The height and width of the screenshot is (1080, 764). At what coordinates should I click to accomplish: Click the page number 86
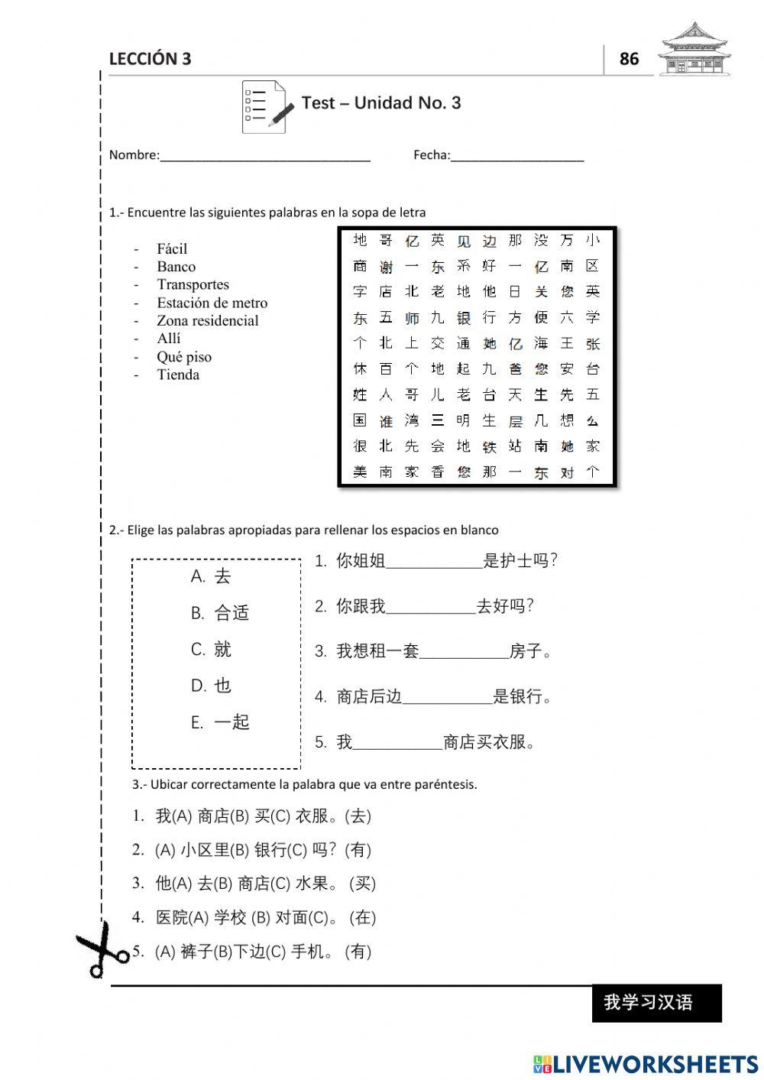629,59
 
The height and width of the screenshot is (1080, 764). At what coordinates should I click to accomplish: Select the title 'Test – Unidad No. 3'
381,103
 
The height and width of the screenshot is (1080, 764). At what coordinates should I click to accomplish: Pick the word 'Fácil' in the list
172,248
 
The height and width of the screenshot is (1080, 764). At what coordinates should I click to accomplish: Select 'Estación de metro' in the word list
212,303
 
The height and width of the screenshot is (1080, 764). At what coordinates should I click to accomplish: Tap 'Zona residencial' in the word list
207,321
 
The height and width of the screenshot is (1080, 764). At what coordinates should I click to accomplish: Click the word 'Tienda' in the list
178,375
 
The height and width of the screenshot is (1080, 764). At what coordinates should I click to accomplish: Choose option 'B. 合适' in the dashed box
220,613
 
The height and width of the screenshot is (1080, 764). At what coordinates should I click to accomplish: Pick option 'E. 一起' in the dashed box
220,722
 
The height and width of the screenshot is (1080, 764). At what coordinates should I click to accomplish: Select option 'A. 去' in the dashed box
211,576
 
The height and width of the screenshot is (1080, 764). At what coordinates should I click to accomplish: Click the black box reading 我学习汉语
656,1003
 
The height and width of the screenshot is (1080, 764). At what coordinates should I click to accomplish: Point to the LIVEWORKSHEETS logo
646,1063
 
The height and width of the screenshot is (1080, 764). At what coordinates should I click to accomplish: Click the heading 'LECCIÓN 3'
150,59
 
